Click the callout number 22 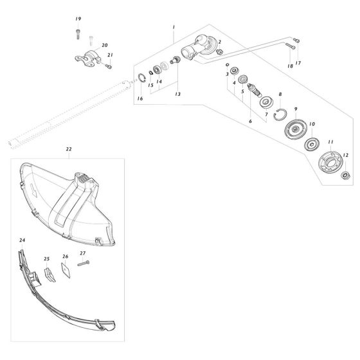click(69, 149)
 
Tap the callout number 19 click(78, 20)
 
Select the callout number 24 click(22, 240)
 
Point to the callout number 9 click(295, 109)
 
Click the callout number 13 click(178, 94)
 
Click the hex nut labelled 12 click(346, 174)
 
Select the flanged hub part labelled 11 click(328, 164)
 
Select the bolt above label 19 click(77, 30)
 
